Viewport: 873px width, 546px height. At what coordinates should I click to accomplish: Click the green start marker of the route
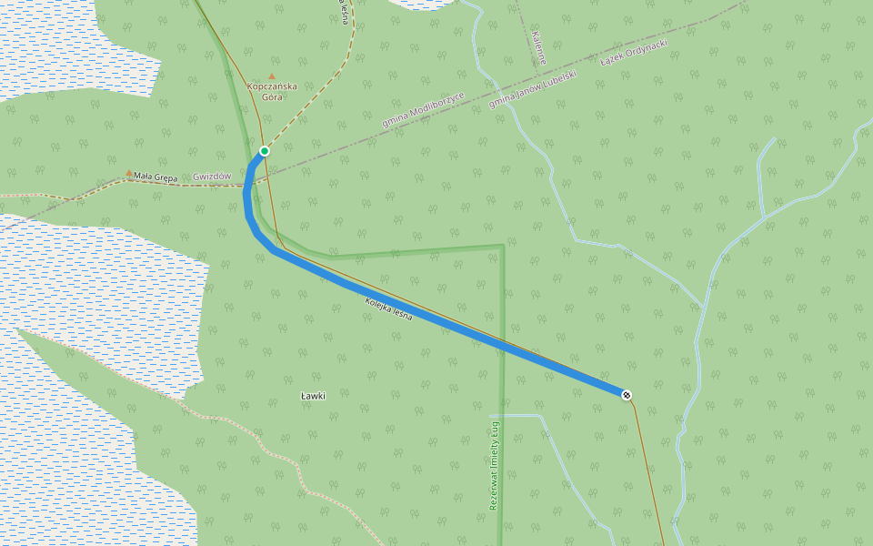[265, 151]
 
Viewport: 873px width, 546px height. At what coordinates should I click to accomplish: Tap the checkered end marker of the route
[627, 394]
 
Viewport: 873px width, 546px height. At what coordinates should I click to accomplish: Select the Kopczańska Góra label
[272, 91]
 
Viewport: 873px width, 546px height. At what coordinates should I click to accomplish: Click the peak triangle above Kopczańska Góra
[272, 76]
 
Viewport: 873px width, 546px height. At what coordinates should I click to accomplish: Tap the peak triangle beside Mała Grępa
[128, 171]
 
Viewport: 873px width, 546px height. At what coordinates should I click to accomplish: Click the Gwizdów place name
[212, 177]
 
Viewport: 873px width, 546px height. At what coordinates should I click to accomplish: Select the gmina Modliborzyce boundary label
[423, 110]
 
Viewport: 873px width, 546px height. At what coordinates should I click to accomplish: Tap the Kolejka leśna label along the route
[388, 309]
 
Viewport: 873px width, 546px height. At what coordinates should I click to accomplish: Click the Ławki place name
[313, 396]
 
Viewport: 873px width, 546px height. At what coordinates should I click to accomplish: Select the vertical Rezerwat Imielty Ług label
[495, 464]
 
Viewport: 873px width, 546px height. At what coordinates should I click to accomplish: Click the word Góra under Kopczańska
[272, 96]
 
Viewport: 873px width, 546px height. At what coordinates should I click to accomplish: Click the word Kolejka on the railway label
[377, 305]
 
